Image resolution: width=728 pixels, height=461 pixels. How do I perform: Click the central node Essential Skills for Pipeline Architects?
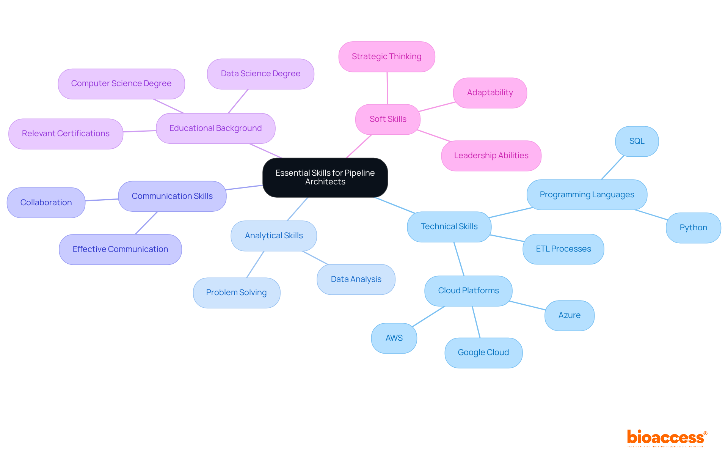325,177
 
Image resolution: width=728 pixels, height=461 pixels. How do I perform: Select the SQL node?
637,141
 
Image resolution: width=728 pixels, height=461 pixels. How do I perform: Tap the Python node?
693,228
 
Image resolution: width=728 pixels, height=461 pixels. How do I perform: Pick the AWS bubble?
394,338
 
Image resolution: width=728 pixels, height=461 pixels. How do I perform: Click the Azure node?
569,315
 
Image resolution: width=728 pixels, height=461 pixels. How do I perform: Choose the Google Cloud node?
483,352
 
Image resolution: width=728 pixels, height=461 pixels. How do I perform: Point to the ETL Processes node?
563,249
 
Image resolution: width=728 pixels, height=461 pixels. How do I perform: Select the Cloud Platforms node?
468,291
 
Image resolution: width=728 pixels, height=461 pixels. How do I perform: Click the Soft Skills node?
388,119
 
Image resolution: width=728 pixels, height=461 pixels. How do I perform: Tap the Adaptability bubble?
490,93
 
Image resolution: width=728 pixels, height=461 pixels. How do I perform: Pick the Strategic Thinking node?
386,57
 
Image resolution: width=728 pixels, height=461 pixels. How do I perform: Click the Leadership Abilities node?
491,156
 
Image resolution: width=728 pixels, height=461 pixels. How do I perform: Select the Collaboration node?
46,203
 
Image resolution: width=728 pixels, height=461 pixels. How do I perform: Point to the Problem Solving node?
236,293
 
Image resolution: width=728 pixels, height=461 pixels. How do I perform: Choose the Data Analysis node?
356,279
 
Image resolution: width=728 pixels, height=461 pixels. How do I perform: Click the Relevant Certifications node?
66,134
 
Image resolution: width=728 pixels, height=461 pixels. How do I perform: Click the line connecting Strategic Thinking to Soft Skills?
387,88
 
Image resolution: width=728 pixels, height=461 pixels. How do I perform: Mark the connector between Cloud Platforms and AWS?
428,316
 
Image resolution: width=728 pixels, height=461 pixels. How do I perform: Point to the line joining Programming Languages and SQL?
612,168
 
